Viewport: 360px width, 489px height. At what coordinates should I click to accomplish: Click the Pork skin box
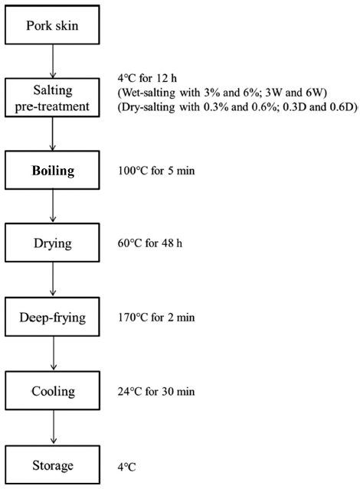pyautogui.click(x=52, y=25)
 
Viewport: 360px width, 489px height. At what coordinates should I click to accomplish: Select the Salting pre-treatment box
pyautogui.click(x=52, y=98)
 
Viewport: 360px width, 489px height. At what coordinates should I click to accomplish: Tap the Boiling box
pyautogui.click(x=52, y=171)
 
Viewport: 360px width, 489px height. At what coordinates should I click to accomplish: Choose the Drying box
pyautogui.click(x=52, y=243)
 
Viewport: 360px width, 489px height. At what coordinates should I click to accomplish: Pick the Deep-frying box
pyautogui.click(x=52, y=317)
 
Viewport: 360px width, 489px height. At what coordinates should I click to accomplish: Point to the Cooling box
pyautogui.click(x=52, y=390)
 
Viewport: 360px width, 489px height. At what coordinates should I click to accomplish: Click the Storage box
pyautogui.click(x=52, y=465)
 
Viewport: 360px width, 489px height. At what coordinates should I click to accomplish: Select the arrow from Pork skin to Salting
pyautogui.click(x=53, y=61)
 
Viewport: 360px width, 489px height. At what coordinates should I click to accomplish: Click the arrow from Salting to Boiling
pyautogui.click(x=52, y=134)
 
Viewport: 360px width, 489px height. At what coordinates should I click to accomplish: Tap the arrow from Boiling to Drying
pyautogui.click(x=53, y=207)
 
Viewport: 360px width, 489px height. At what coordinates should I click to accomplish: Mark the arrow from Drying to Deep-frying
pyautogui.click(x=53, y=279)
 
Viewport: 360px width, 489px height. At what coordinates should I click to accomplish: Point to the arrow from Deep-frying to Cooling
pyautogui.click(x=54, y=354)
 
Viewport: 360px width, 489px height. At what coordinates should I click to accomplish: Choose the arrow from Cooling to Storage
pyautogui.click(x=54, y=428)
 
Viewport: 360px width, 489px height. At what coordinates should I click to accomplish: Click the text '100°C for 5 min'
pyautogui.click(x=156, y=171)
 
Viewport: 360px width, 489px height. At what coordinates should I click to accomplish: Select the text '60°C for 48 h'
pyautogui.click(x=150, y=243)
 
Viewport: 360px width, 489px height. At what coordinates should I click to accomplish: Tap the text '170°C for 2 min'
pyautogui.click(x=156, y=317)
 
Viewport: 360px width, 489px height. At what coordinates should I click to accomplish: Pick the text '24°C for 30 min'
pyautogui.click(x=156, y=391)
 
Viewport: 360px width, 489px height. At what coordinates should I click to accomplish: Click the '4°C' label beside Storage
pyautogui.click(x=126, y=467)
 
